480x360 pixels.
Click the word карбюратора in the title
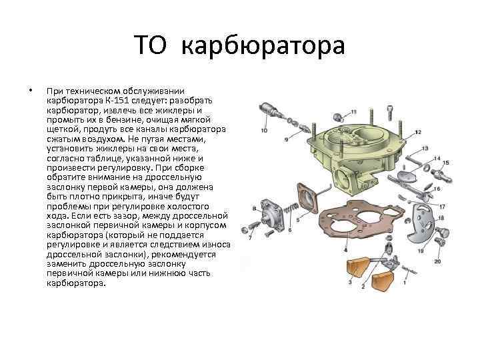pyautogui.click(x=263, y=46)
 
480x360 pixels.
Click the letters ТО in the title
pyautogui.click(x=150, y=45)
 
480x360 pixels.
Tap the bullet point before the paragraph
pyautogui.click(x=30, y=90)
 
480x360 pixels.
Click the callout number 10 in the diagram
pyautogui.click(x=264, y=131)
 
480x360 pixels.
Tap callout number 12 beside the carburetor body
pyautogui.click(x=417, y=132)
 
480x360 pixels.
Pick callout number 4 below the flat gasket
pyautogui.click(x=345, y=250)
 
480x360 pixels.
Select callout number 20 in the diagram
pyautogui.click(x=438, y=261)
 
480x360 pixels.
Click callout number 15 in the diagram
pyautogui.click(x=446, y=163)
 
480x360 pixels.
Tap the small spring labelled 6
pyautogui.click(x=289, y=209)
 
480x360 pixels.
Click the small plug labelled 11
pyautogui.click(x=338, y=116)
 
